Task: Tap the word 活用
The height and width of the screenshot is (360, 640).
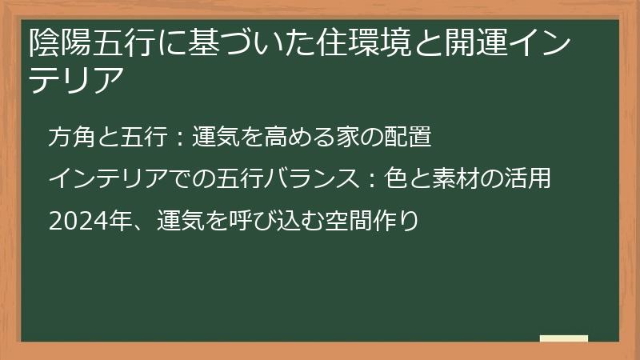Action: pyautogui.click(x=530, y=178)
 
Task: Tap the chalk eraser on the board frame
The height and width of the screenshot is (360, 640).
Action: pyautogui.click(x=564, y=338)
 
